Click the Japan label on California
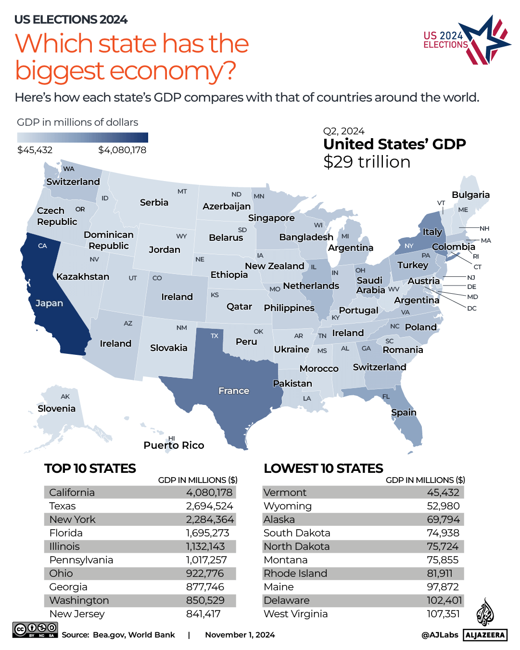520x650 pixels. click(49, 303)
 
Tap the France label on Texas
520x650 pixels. click(234, 391)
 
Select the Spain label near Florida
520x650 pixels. click(404, 413)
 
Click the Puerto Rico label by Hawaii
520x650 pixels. click(174, 445)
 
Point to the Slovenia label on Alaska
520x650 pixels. click(57, 409)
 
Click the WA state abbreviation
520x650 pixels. click(69, 169)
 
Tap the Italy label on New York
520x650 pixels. click(432, 232)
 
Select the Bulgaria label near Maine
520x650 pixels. click(470, 195)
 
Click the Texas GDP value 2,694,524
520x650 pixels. click(209, 506)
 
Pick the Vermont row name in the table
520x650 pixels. click(285, 493)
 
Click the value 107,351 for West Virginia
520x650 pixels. click(443, 614)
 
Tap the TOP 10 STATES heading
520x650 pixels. click(90, 468)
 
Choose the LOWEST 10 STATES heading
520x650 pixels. click(323, 468)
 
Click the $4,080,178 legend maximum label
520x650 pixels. click(122, 150)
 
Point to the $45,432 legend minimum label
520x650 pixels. click(35, 150)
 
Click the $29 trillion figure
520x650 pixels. click(367, 162)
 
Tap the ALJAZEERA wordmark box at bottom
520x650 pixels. click(485, 635)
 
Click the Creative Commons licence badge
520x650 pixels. click(35, 630)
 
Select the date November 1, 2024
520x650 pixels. click(240, 635)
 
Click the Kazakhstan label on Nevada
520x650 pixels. click(83, 277)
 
